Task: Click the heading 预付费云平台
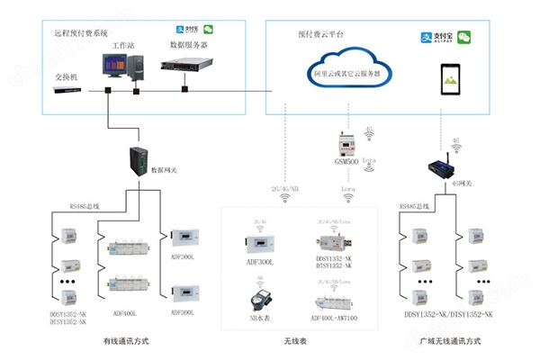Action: tap(322, 33)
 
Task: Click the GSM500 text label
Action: tap(346, 162)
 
